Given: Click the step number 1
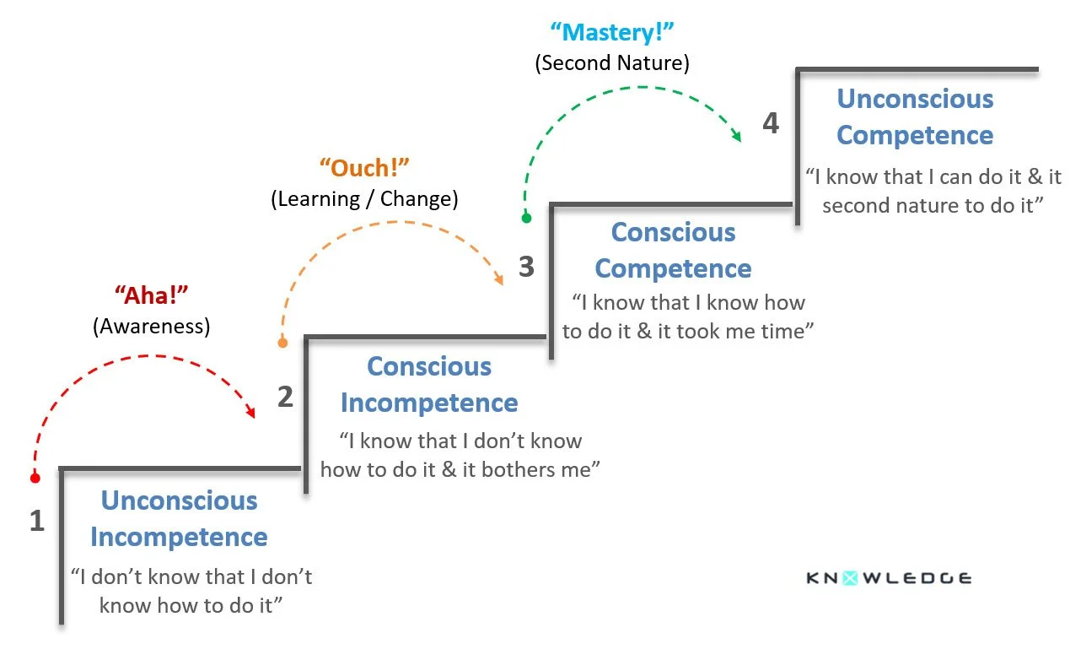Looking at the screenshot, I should pos(36,522).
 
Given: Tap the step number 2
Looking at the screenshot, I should pos(285,397).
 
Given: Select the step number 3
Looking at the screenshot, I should pos(526,267).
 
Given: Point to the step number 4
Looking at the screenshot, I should pos(771,123).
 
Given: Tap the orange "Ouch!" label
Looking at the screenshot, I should pos(363,168).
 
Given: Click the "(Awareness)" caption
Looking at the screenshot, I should pos(151,327).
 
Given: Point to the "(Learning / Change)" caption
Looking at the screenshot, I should pos(364,199).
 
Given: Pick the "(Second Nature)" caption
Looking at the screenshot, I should pos(612,63).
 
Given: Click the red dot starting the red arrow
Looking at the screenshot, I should pos(35,478).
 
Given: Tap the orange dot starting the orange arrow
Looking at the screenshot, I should pos(282,343).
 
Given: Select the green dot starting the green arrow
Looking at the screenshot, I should pos(526,218).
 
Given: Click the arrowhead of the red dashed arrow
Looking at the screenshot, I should pos(250,413).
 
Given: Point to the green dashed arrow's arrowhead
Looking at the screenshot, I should pos(737,136).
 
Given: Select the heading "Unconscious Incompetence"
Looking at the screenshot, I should pos(179,518).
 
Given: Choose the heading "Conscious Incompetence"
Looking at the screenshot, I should pos(429,384).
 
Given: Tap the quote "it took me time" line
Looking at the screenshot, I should pos(687,332).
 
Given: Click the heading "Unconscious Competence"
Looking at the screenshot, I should pos(915,116).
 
